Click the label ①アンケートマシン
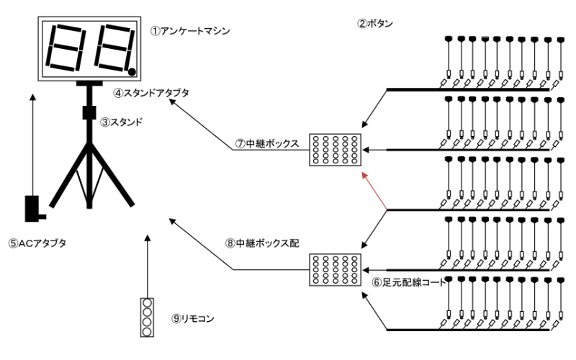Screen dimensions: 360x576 [x=181, y=32]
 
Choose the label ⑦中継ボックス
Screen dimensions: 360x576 [x=266, y=143]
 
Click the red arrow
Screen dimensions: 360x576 [x=377, y=191]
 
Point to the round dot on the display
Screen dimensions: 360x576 [x=132, y=71]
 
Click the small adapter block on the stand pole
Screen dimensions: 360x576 [x=89, y=113]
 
